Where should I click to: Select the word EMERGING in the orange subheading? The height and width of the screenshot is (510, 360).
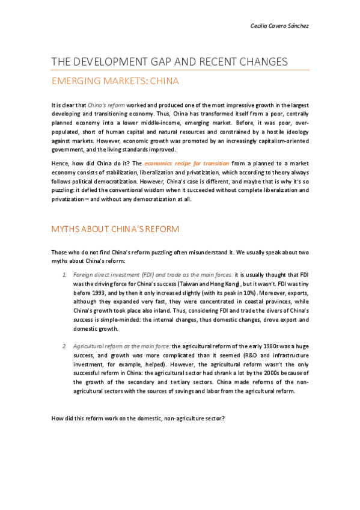76,81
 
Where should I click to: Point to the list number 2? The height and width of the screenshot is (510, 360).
64,347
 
